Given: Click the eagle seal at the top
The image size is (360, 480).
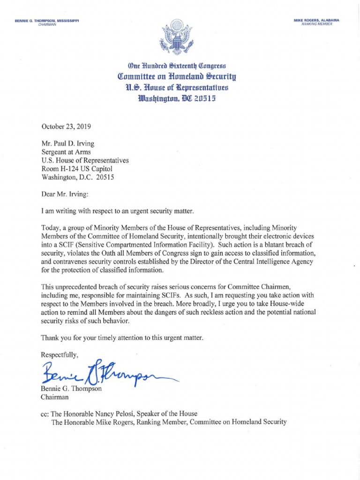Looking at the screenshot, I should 180,37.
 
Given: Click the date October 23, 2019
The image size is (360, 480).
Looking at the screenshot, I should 66,127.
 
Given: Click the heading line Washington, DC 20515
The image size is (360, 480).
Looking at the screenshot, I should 180,98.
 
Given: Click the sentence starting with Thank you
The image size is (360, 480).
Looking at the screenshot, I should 122,337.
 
